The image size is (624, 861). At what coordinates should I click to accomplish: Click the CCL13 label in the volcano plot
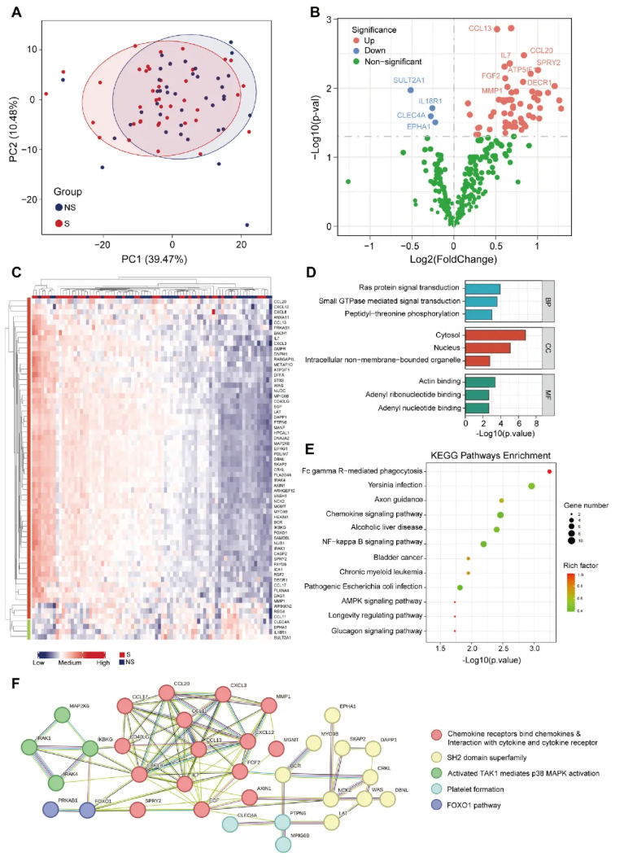[x=480, y=29]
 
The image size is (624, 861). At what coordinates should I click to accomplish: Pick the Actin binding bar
[x=480, y=382]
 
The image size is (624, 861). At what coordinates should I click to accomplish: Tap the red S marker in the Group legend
[x=59, y=223]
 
